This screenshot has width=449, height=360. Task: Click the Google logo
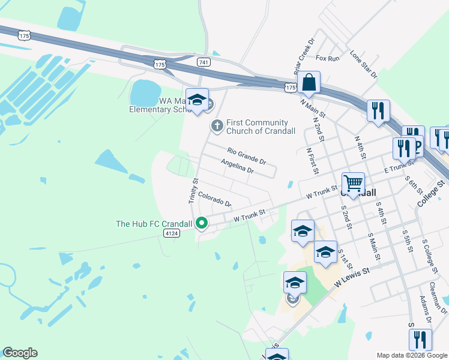point(20,353)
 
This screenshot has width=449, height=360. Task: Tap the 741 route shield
point(203,62)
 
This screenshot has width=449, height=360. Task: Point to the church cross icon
point(217,126)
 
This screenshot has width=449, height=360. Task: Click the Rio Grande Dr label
point(246,156)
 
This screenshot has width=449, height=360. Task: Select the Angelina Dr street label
point(237,167)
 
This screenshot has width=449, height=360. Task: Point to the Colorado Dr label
point(214,199)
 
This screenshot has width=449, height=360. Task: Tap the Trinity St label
point(193,191)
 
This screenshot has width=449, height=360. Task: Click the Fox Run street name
point(328,58)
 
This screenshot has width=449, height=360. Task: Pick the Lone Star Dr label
point(363,65)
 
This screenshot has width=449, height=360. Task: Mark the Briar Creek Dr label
point(304,57)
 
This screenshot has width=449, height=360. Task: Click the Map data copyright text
point(411,355)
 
